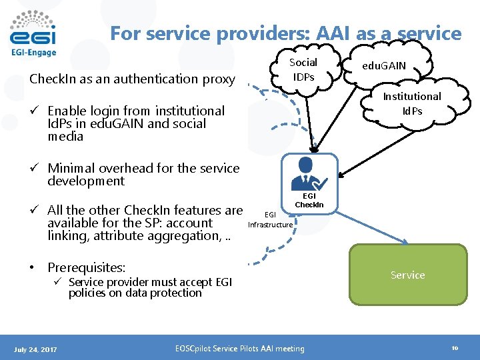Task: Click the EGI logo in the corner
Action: [x=33, y=33]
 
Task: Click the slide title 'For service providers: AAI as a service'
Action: [x=285, y=33]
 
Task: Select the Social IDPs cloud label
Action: [x=303, y=69]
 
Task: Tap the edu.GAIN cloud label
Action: [x=383, y=65]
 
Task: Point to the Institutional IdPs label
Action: [x=411, y=103]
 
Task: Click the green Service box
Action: [x=408, y=275]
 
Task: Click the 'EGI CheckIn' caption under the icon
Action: [x=309, y=200]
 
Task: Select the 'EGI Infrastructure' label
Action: [x=270, y=219]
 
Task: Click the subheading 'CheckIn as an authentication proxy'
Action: [x=132, y=79]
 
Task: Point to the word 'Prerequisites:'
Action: [x=86, y=267]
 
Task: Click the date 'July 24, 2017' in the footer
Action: [x=35, y=349]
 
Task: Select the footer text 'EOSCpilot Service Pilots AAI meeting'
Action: [x=239, y=349]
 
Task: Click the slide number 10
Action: [x=455, y=348]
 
